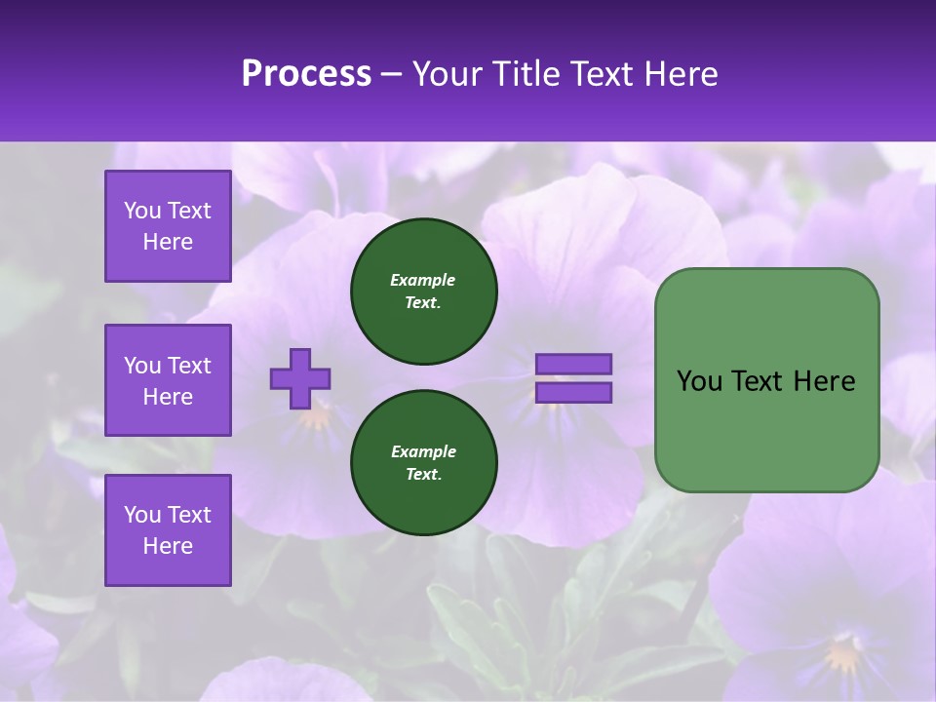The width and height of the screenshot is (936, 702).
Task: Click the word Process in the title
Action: pos(306,74)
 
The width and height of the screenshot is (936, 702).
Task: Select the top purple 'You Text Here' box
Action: pos(168,226)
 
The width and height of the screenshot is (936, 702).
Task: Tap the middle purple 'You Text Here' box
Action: pos(168,380)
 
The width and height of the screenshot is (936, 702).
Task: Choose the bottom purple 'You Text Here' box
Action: pos(168,530)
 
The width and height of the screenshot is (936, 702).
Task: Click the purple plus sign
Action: pos(300,378)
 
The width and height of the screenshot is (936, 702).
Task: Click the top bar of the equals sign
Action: pos(573,365)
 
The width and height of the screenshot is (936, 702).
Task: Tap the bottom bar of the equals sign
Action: pos(573,393)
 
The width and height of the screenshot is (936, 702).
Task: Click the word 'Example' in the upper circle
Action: pos(423,280)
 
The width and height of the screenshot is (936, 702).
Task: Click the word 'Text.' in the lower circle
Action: pos(423,475)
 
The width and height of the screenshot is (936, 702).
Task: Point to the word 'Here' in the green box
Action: pos(824,381)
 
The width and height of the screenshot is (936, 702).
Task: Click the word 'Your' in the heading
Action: pos(448,74)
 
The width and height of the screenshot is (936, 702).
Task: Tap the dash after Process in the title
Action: pos(391,75)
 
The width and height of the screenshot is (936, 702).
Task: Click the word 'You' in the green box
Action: pos(699,381)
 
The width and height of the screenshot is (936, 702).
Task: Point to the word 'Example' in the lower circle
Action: pos(423,451)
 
